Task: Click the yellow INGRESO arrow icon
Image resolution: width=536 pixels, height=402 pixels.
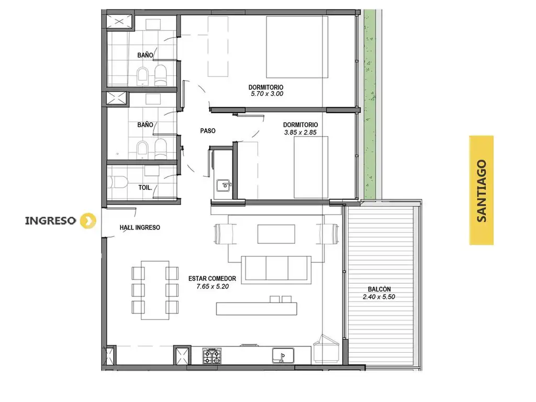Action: point(88,220)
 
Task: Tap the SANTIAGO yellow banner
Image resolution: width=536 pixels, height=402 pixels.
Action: point(482,191)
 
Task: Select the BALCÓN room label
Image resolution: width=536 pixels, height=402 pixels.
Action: point(379,289)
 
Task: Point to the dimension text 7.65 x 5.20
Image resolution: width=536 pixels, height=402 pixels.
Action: point(213,286)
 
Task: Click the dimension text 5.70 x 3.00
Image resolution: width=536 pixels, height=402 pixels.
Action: point(267,94)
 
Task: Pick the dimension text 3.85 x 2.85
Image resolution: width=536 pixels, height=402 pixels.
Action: point(300,132)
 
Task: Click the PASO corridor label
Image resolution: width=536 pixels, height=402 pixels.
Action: point(208,130)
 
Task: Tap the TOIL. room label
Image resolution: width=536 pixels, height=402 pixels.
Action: point(146,187)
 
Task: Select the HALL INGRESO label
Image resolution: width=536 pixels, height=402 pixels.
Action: point(140,227)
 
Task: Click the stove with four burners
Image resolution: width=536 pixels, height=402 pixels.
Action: point(212,356)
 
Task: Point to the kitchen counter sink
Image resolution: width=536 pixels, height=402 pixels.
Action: point(283,355)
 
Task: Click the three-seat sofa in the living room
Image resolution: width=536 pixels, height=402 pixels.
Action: point(276,270)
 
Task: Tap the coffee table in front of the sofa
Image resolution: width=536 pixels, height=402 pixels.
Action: point(276,234)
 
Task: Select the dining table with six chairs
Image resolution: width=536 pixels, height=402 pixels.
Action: point(155,290)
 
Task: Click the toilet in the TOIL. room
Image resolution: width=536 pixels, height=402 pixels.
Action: point(117,182)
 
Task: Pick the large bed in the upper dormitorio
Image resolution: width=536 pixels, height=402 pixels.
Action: point(297,47)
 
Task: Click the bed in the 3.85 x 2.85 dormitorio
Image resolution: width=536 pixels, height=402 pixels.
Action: point(311,167)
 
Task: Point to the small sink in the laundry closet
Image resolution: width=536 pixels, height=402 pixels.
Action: point(224,185)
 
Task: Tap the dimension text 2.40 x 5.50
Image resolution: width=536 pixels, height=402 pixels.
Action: point(379,297)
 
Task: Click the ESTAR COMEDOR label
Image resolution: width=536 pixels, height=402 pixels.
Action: point(213,278)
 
